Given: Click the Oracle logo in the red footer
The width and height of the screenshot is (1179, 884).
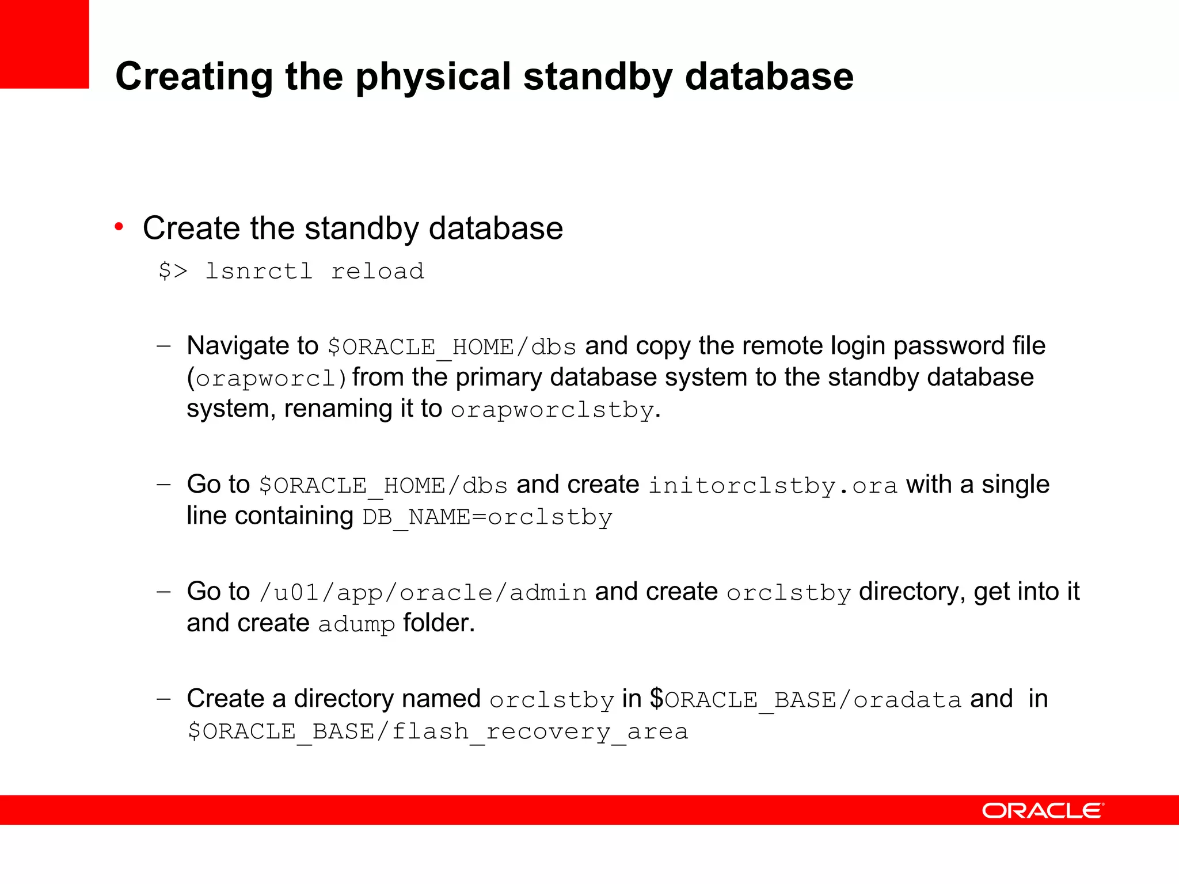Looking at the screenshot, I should click(x=1043, y=810).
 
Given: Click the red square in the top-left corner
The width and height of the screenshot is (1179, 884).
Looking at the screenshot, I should click(x=44, y=44).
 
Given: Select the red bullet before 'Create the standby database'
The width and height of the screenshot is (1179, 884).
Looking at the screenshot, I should click(x=119, y=227).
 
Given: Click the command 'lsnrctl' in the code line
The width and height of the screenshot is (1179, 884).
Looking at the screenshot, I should click(x=259, y=271).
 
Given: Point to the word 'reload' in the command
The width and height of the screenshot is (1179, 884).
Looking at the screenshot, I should click(x=377, y=271).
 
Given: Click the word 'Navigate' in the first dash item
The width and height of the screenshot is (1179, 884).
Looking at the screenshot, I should click(x=237, y=346).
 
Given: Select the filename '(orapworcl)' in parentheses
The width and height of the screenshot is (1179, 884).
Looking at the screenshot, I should click(x=267, y=378).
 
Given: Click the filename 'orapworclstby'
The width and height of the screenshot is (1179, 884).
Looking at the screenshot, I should click(x=552, y=410).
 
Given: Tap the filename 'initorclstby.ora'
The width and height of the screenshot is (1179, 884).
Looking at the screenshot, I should click(x=773, y=485).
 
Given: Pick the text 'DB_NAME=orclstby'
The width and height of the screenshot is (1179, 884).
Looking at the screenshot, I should click(x=487, y=517).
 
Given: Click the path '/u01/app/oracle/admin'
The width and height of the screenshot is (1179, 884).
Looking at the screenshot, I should click(x=423, y=592).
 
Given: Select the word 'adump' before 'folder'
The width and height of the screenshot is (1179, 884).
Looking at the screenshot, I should click(x=356, y=624).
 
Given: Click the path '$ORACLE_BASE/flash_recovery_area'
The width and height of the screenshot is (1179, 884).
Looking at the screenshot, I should click(x=438, y=731).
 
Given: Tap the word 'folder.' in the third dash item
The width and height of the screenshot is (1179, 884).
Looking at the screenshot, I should click(x=439, y=623).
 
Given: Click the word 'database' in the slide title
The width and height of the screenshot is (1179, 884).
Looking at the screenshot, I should click(x=769, y=77).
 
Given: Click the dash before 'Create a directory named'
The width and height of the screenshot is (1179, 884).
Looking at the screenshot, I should click(x=163, y=699).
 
